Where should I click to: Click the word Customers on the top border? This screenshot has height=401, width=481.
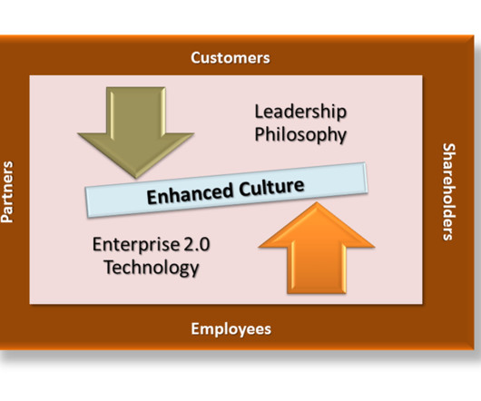click(231, 58)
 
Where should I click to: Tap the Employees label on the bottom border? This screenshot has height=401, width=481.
click(231, 329)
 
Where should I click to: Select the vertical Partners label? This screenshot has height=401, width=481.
click(7, 192)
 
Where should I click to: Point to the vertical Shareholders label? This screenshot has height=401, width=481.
click(448, 192)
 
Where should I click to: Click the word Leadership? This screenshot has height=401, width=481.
click(300, 112)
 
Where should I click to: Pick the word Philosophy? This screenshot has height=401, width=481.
click(300, 135)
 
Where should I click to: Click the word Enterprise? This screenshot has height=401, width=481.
click(136, 245)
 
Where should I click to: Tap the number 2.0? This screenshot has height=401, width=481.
click(197, 245)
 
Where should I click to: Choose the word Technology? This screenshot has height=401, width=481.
click(152, 268)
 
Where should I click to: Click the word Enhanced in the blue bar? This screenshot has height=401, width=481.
click(190, 194)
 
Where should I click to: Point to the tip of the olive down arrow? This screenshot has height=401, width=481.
click(135, 178)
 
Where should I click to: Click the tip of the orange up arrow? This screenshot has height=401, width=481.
click(316, 202)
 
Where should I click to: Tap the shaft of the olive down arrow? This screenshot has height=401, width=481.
click(136, 111)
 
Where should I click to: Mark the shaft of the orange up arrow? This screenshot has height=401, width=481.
click(317, 269)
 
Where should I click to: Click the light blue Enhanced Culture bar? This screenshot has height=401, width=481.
click(226, 191)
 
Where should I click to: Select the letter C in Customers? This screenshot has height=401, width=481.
click(196, 58)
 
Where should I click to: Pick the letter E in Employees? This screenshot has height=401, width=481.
click(195, 329)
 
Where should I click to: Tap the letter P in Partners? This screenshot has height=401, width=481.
click(7, 218)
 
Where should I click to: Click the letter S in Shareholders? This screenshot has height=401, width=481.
click(449, 148)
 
